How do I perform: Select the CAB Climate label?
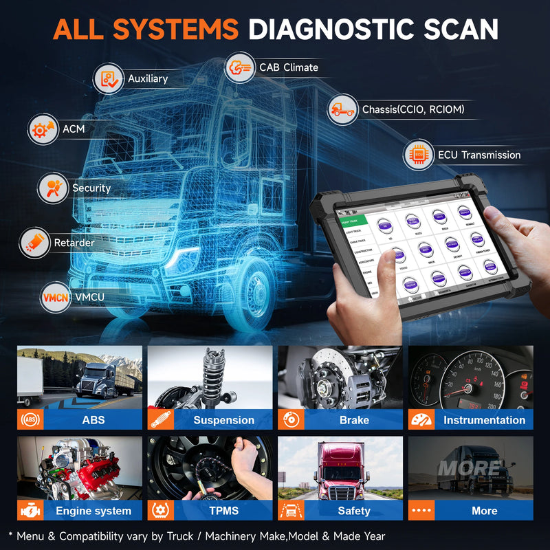tap(288, 67)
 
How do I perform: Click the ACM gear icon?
tap(43, 129)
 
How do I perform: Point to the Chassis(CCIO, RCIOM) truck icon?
tap(342, 109)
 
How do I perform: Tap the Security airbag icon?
tap(54, 188)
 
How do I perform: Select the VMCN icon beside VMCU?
tap(54, 298)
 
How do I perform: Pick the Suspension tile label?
tap(223, 420)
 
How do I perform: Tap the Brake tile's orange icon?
tap(289, 420)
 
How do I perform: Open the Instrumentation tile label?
tap(484, 420)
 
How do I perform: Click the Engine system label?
tap(93, 511)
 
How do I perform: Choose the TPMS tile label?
tap(223, 511)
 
